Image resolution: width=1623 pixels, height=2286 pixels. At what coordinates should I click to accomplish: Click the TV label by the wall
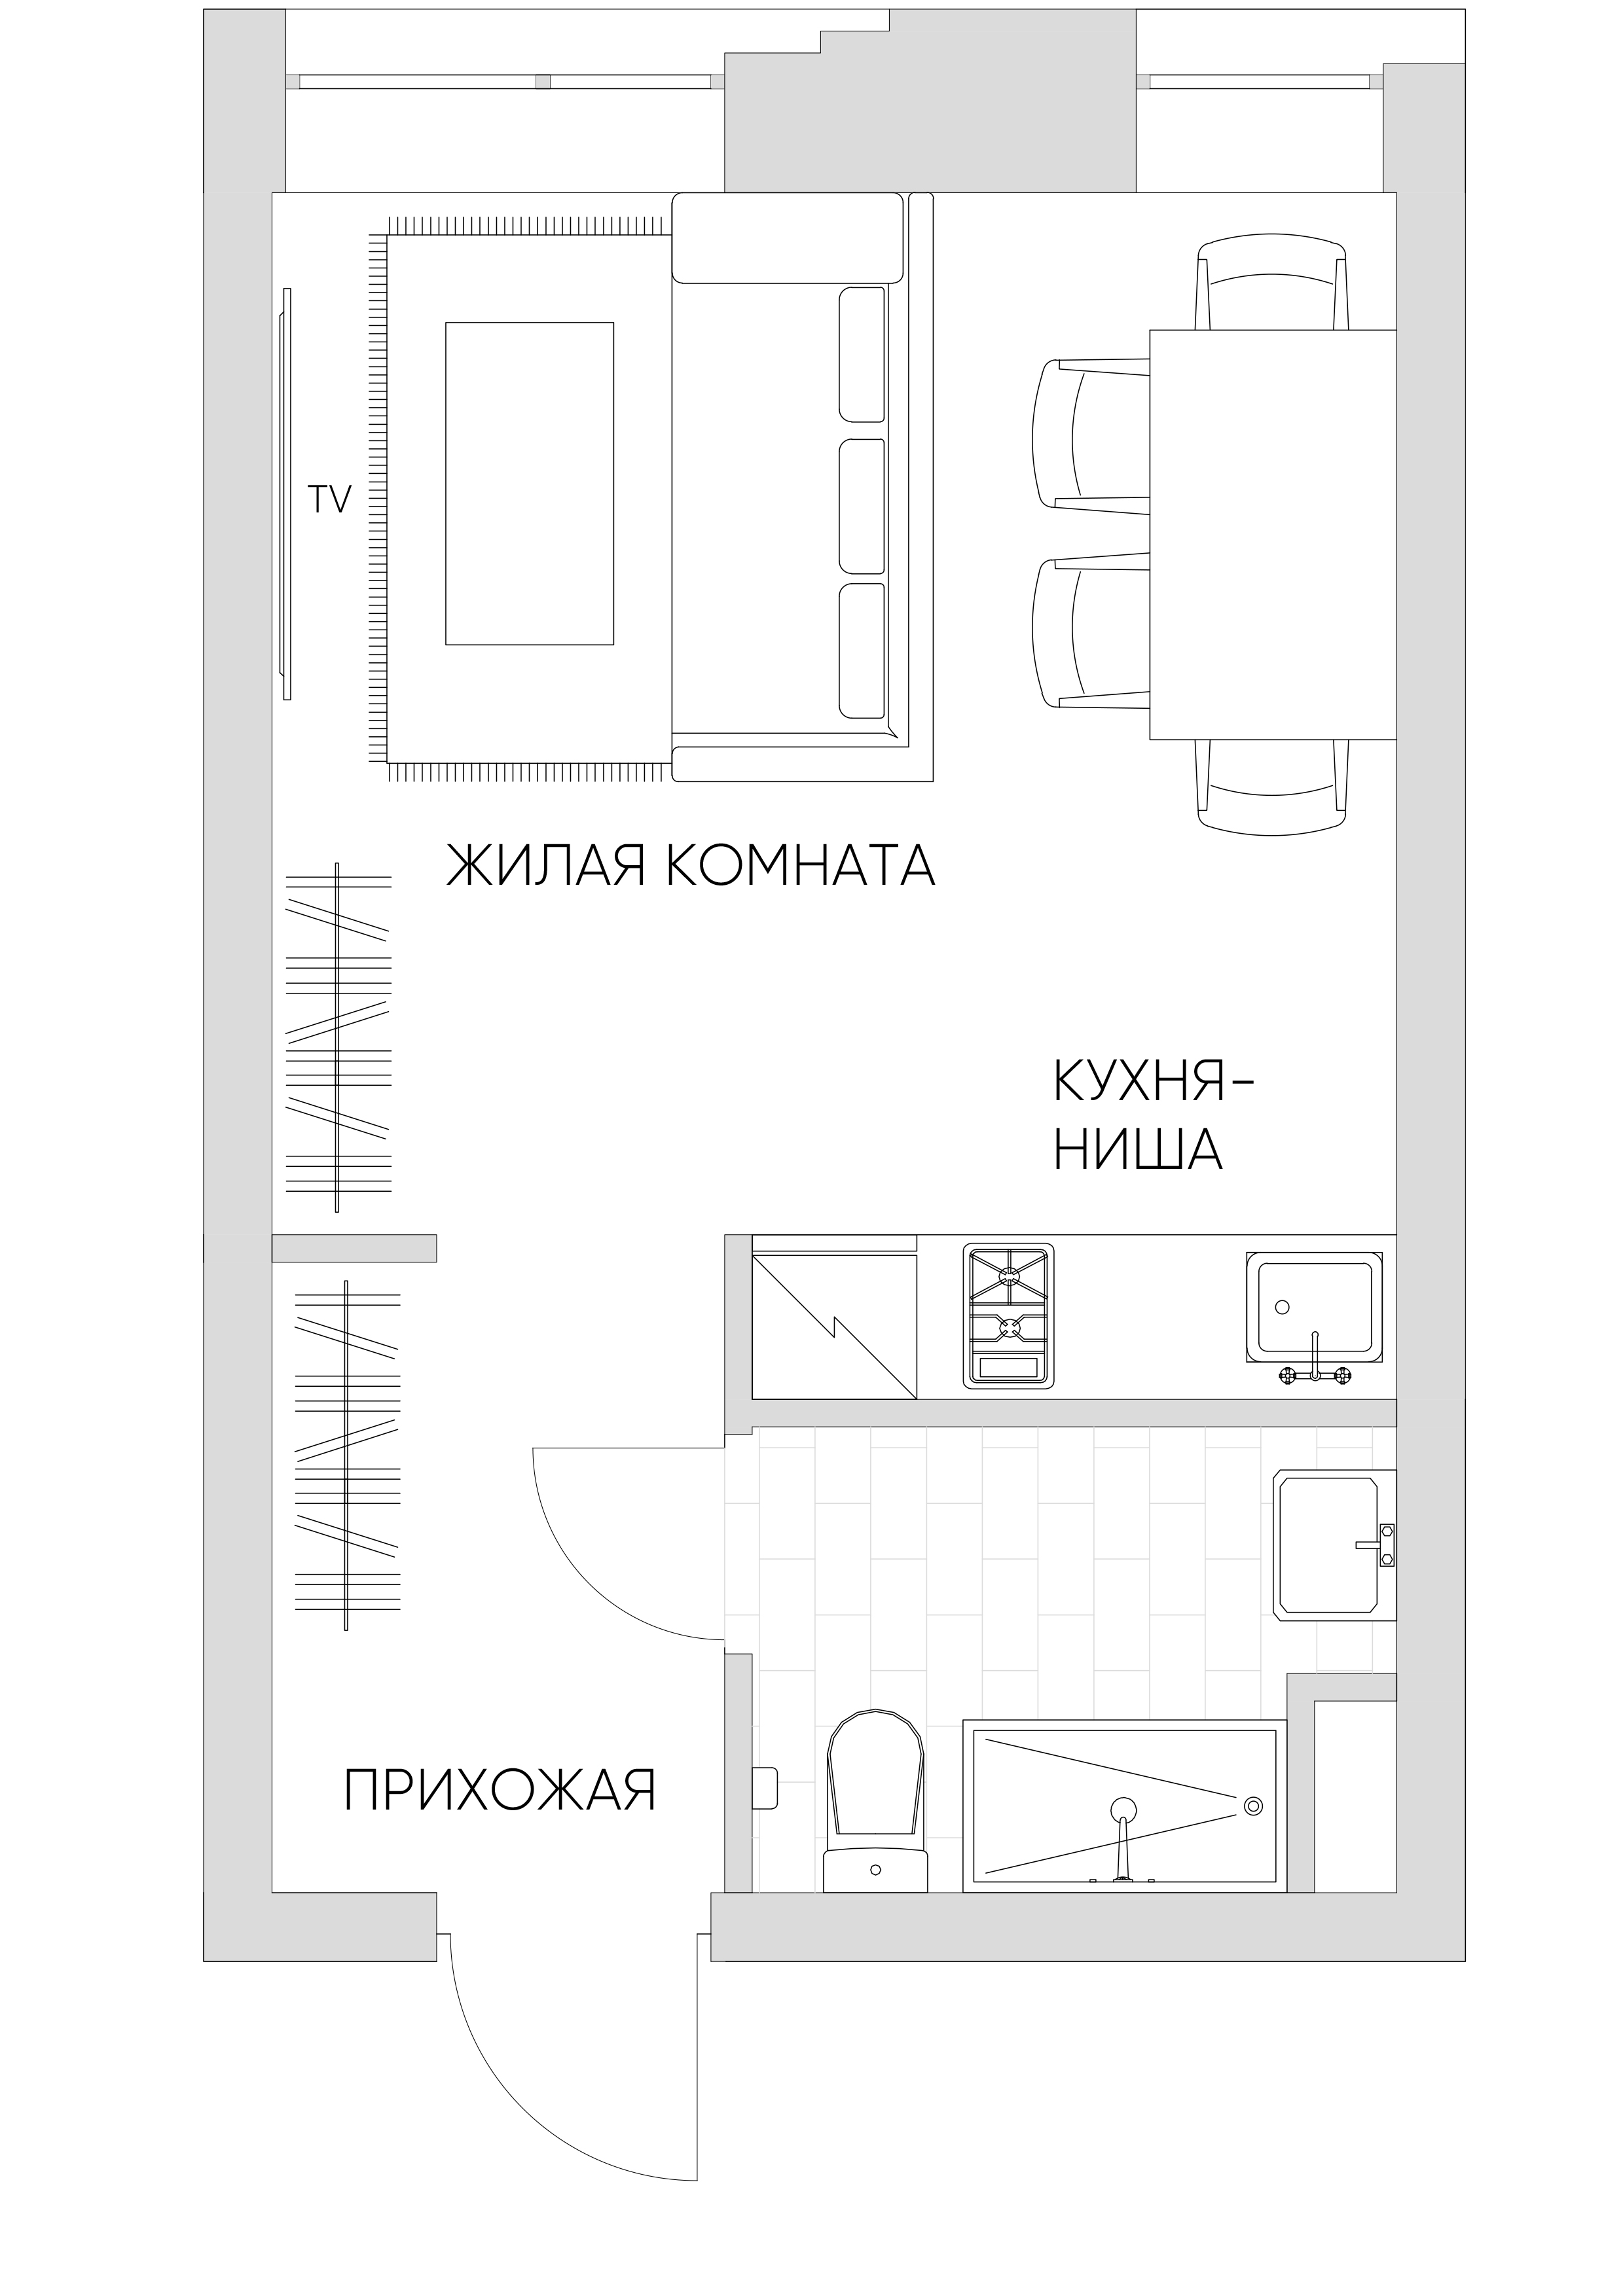330,499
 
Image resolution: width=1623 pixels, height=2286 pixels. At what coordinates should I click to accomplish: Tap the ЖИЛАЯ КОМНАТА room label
689,865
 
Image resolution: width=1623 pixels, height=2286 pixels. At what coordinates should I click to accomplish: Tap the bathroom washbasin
1334,1545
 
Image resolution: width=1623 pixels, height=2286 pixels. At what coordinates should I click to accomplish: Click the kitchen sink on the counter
1314,1311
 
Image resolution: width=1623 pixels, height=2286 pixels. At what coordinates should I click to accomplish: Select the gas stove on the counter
1008,1315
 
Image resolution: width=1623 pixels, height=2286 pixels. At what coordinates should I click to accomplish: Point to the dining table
1272,535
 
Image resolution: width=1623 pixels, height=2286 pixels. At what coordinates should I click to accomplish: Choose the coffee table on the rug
530,484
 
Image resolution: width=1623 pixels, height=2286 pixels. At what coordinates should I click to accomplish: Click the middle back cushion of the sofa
862,507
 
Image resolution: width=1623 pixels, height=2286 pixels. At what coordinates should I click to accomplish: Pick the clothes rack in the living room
338,1037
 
